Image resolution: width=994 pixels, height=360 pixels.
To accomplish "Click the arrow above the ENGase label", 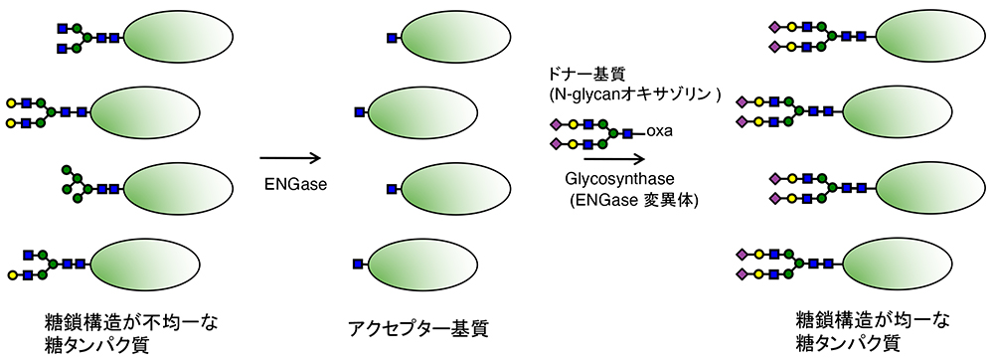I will (290, 157).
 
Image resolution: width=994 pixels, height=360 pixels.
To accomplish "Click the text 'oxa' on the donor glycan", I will (660, 130).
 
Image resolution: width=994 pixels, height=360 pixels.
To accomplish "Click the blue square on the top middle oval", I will (393, 38).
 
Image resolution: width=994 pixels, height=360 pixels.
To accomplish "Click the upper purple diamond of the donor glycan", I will (555, 124).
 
